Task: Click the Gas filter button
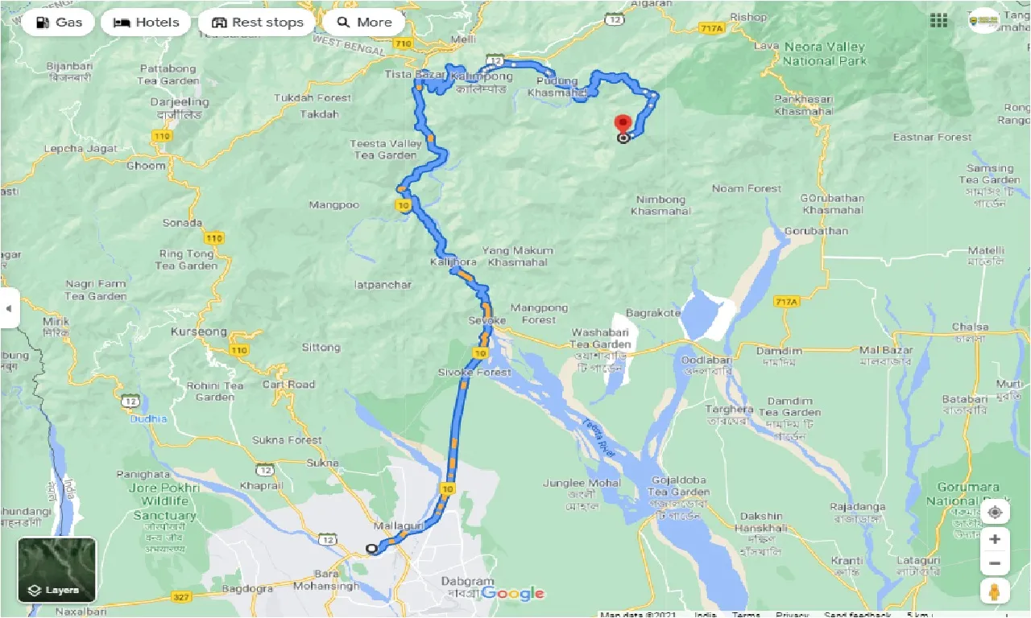point(58,23)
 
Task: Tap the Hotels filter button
point(146,23)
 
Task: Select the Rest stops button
point(257,23)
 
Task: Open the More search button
point(364,23)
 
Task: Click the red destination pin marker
point(623,124)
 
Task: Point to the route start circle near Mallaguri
point(371,549)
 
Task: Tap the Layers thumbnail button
point(56,570)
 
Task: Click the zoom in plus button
point(996,539)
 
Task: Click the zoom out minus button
point(996,563)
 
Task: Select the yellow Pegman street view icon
point(996,591)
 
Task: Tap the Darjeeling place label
point(180,103)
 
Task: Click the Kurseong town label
point(198,332)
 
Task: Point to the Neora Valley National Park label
point(825,54)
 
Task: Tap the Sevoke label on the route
point(487,321)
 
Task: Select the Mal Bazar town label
point(885,351)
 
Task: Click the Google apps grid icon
point(938,21)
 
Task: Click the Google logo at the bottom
point(513,594)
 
